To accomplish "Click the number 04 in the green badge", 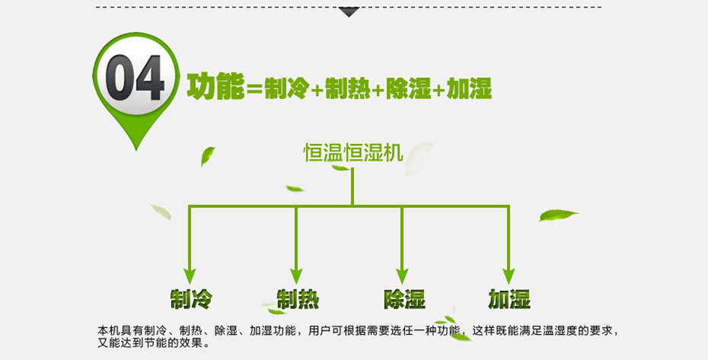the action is coord(135,79).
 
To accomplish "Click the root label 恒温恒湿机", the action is coord(352,153).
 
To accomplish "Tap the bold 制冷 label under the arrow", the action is coord(190,298).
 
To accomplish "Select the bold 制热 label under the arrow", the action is coord(297,298).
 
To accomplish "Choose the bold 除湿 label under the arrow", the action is coord(403,298).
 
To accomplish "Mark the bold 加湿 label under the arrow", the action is coord(509,298).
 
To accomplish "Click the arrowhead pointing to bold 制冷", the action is coord(190,275).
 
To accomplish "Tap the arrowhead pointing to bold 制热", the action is coord(297,275).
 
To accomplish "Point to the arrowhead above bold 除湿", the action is coord(403,275).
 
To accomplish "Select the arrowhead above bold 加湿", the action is coord(509,275).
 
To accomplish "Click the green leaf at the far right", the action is coord(559,215).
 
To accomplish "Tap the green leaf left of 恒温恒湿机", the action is coord(207,156).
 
